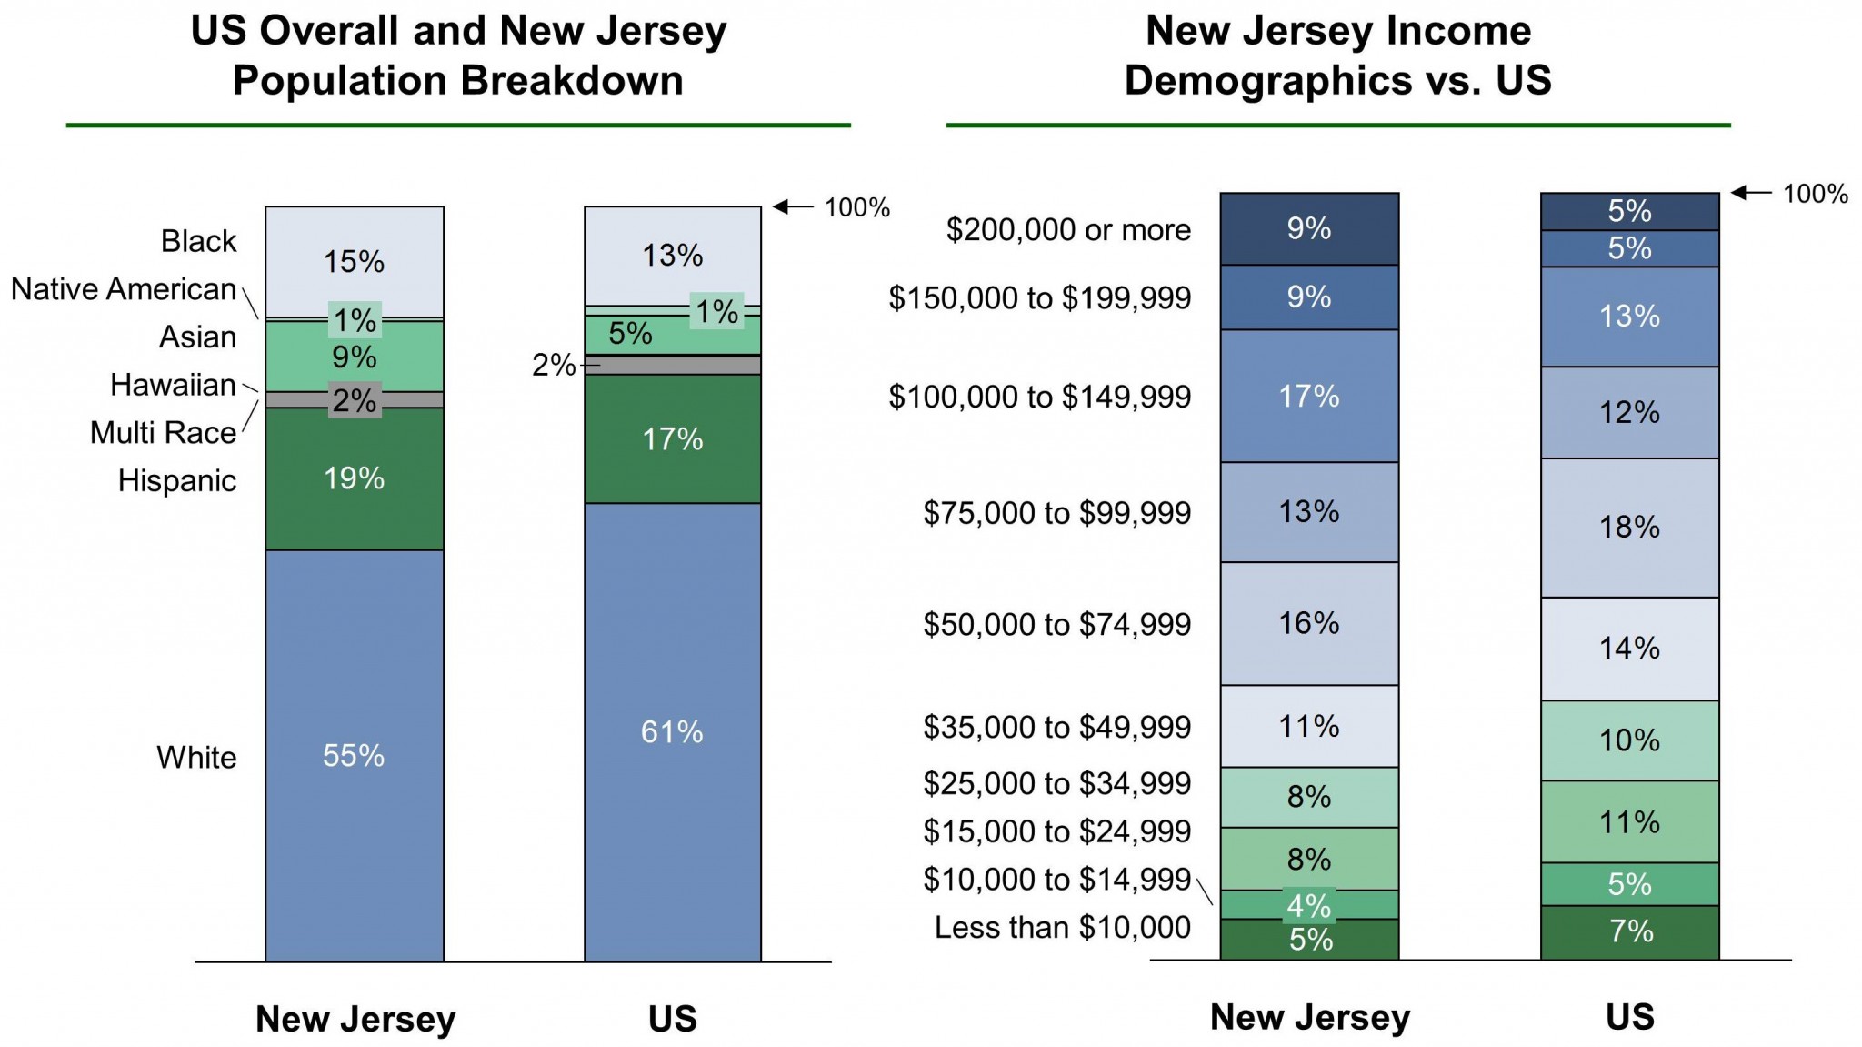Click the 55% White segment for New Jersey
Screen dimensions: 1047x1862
[x=355, y=755]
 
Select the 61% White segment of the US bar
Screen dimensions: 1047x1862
[x=673, y=731]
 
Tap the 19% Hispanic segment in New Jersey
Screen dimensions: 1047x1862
[x=355, y=478]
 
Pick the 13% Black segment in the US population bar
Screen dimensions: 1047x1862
[x=673, y=256]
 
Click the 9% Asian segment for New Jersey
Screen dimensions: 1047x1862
[x=355, y=357]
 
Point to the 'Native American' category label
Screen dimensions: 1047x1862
[x=124, y=289]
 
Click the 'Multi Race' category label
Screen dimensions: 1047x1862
[x=163, y=433]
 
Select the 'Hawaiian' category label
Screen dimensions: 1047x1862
[x=173, y=385]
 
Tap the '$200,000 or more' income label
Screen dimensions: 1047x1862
[x=1068, y=230]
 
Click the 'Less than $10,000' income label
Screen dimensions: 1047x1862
[x=1063, y=928]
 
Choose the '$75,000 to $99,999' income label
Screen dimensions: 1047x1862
[x=1057, y=513]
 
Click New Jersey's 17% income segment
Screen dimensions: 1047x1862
[x=1309, y=396]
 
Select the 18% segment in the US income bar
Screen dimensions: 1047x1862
[x=1629, y=528]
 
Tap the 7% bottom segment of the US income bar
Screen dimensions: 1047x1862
[x=1629, y=931]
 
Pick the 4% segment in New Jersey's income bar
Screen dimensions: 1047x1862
[x=1309, y=905]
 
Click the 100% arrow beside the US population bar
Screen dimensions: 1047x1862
[x=793, y=207]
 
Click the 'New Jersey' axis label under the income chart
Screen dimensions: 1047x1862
[x=1309, y=1017]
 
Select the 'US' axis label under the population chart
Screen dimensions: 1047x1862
[x=673, y=1019]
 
